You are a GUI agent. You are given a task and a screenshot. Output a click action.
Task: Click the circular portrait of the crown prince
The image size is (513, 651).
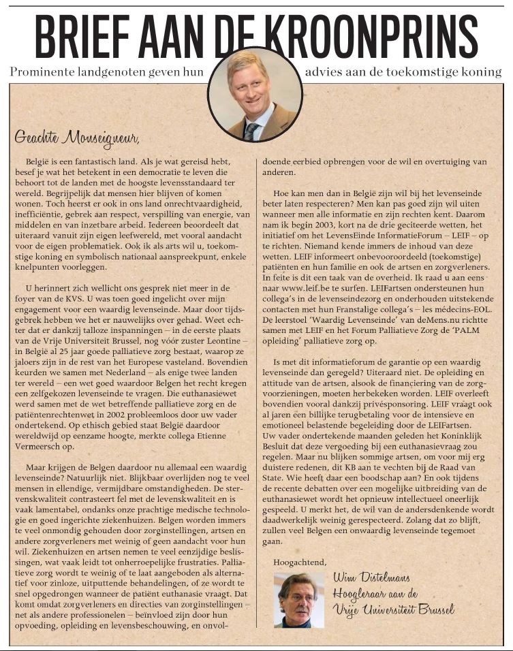point(255,94)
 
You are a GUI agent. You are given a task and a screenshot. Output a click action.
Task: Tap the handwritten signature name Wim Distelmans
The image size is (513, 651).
point(371,579)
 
